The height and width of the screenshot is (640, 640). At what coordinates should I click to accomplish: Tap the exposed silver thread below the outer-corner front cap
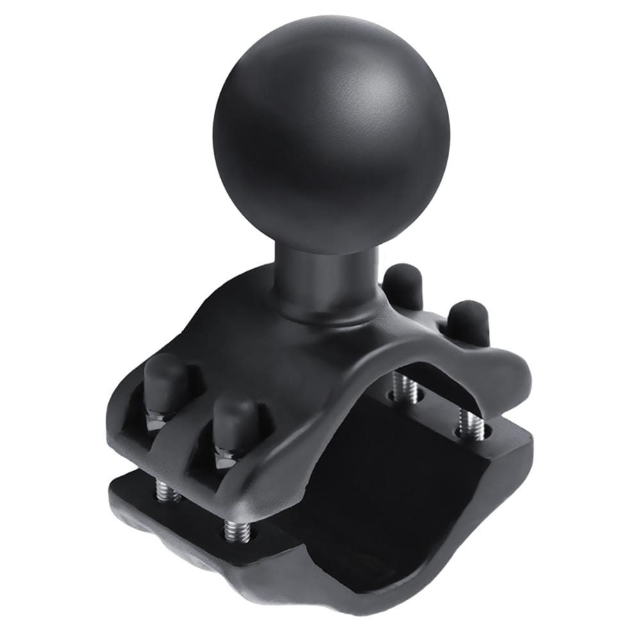168,490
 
